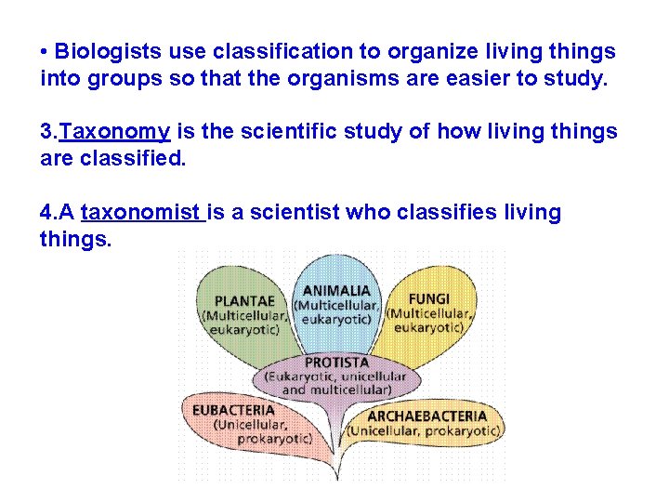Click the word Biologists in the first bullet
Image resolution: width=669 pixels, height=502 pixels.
(102, 51)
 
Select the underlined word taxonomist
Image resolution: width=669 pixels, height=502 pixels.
(141, 213)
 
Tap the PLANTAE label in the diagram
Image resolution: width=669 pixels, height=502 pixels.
(244, 300)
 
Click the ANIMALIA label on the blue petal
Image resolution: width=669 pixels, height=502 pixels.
(335, 290)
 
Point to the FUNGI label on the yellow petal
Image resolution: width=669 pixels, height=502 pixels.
(428, 298)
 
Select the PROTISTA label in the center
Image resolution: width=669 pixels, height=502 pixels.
(336, 362)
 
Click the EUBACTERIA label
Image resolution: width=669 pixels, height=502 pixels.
(233, 409)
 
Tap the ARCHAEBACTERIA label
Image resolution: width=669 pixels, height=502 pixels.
(426, 416)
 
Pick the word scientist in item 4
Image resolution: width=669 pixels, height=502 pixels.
(296, 213)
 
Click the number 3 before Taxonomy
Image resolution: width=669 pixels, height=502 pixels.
(46, 132)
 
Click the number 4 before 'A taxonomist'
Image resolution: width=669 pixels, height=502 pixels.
(46, 213)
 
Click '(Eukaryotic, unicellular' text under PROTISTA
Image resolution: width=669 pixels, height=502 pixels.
(335, 376)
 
